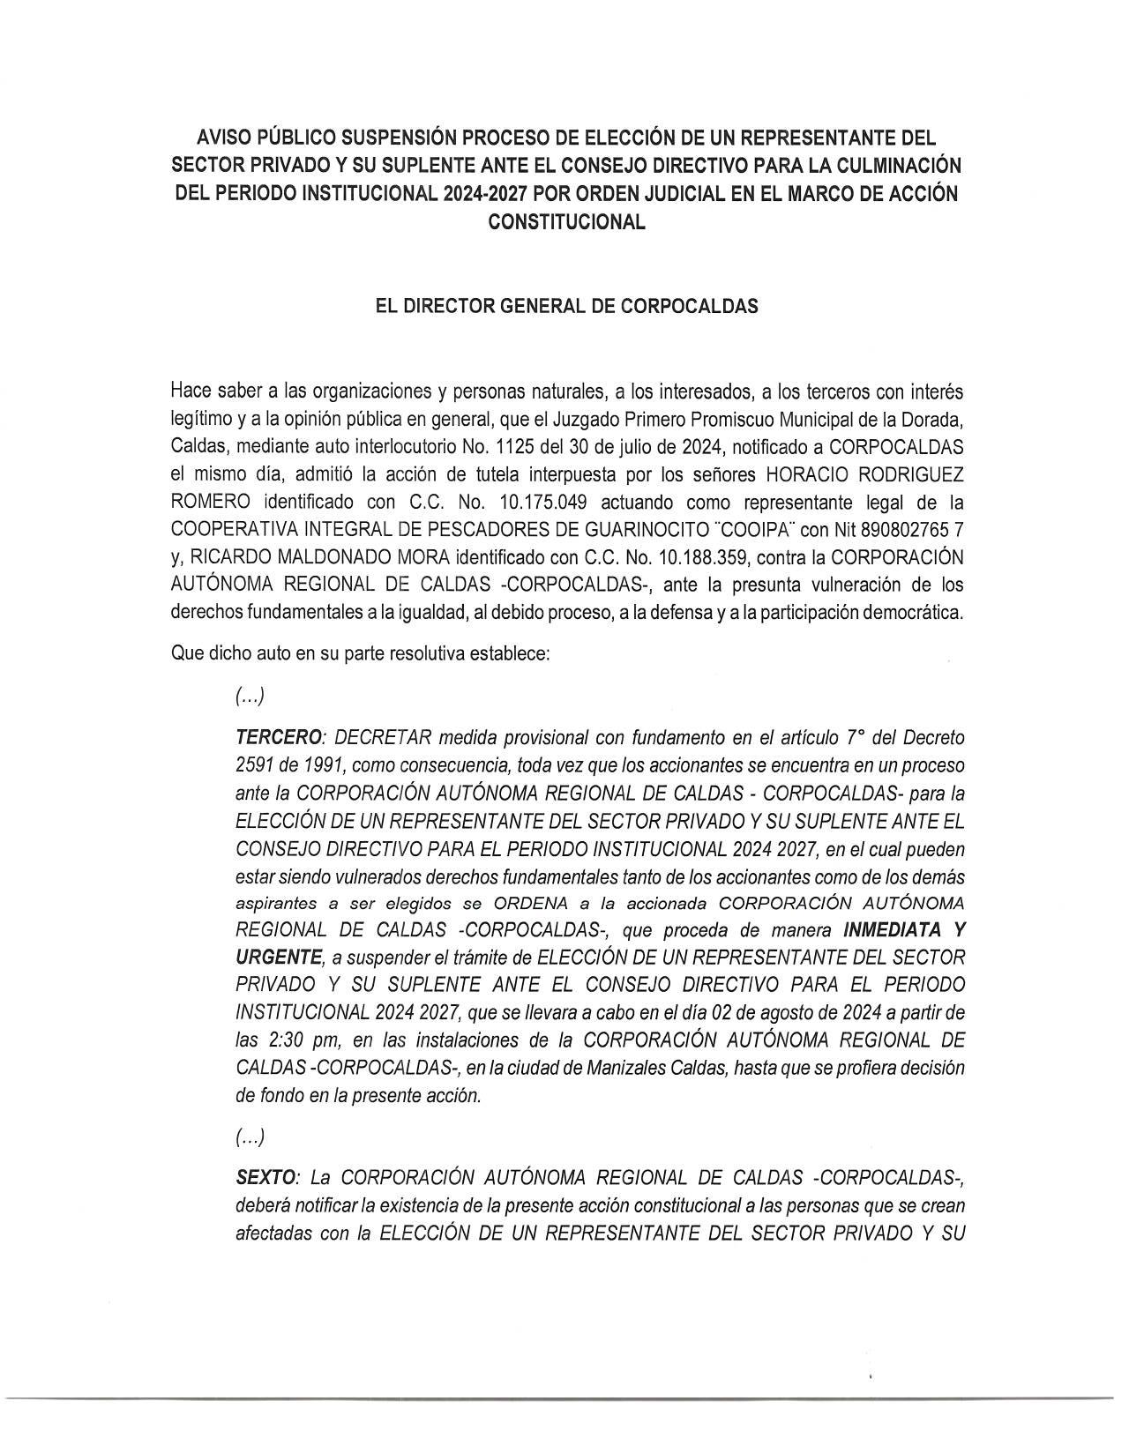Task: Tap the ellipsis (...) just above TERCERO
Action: point(250,697)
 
